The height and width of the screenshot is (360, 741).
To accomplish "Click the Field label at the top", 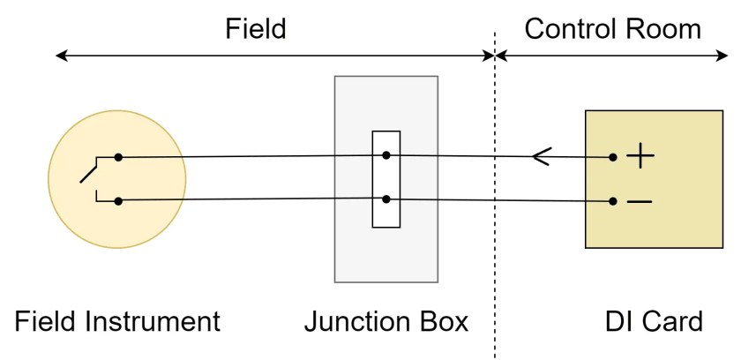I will pos(255,28).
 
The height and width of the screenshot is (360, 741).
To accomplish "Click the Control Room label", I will pos(612,28).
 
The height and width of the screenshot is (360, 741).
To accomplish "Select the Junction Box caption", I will pos(386,321).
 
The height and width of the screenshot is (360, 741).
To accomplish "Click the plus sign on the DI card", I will pos(640,158).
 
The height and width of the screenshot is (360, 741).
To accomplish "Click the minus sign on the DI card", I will pos(640,202).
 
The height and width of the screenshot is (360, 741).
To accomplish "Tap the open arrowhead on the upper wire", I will pos(540,157).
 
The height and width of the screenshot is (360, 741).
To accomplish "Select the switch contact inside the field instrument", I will pos(89,172).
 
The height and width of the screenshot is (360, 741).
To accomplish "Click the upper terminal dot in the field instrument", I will pos(118,158).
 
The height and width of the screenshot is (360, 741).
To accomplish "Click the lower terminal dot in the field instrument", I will pos(118,201).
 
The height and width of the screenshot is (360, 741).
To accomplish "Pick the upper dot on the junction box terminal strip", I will pos(386,155).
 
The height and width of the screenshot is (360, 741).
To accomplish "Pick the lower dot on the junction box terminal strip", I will pos(386,200).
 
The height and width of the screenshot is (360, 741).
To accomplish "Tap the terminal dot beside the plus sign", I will pos(613,158).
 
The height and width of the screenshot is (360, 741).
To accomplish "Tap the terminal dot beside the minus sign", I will pos(613,201).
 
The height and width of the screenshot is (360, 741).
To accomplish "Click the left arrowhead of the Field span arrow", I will pos(60,56).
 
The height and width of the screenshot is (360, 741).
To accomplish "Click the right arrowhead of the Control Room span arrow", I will pos(723,56).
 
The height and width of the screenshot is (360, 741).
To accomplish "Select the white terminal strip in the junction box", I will pos(386,179).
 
